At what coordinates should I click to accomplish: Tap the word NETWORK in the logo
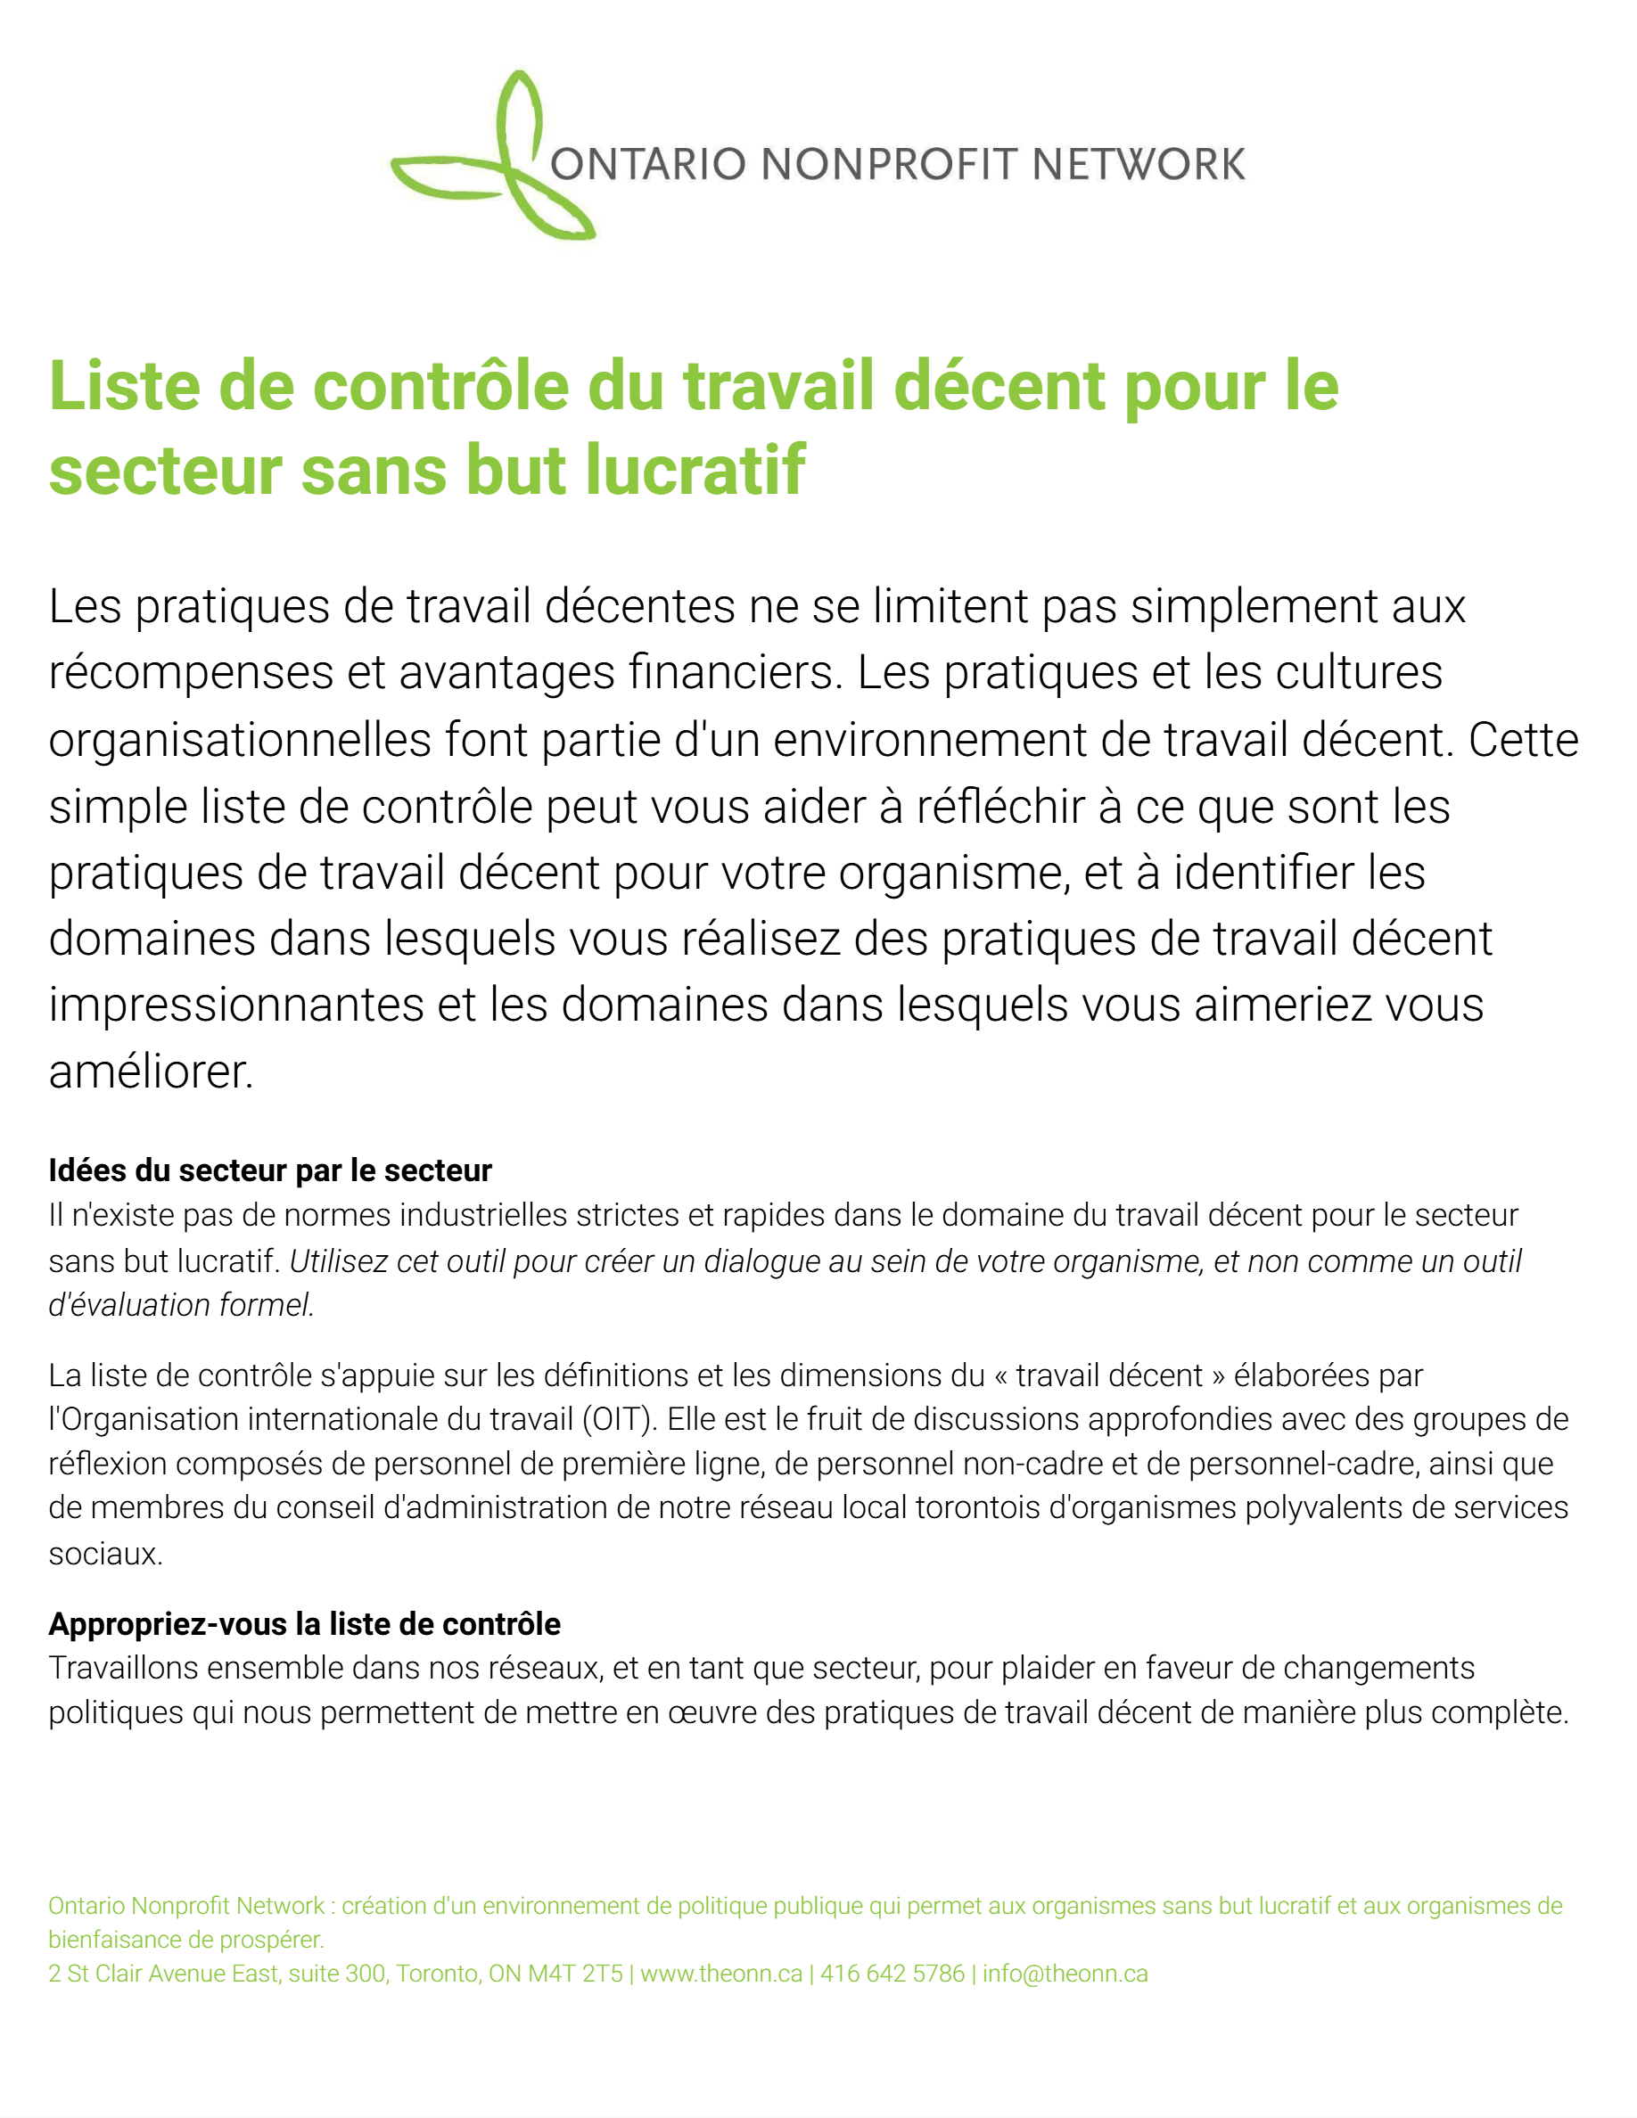(x=1138, y=165)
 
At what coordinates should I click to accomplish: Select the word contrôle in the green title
(x=440, y=386)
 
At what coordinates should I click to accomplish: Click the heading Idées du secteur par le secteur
(x=270, y=1170)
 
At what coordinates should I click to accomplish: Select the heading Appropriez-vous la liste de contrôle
(x=305, y=1623)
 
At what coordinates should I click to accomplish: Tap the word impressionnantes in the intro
(x=236, y=1005)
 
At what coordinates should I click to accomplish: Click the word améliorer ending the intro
(x=152, y=1071)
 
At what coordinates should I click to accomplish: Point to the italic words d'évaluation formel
(x=181, y=1305)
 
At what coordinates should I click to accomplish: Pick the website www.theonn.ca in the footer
(x=721, y=1974)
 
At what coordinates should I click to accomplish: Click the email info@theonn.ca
(x=1065, y=1974)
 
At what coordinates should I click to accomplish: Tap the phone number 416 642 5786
(x=893, y=1974)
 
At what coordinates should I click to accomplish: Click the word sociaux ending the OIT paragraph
(x=104, y=1554)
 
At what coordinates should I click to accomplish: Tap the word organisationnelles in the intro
(x=240, y=740)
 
